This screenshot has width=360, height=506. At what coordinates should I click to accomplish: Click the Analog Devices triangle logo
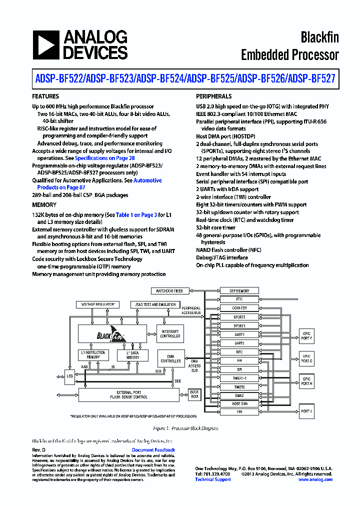coord(46,45)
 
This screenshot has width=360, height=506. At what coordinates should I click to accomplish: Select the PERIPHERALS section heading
coord(213,96)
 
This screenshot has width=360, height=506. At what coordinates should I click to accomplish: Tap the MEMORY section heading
coord(44,205)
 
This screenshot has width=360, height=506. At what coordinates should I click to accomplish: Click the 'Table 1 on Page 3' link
coord(136,214)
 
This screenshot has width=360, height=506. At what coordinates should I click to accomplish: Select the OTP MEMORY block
coord(239,291)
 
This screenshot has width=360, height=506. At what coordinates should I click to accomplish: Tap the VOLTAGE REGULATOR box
coord(98,304)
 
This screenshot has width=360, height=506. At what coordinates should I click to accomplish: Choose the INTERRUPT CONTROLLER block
coord(170,333)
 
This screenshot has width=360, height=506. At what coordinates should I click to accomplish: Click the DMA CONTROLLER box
coord(170,358)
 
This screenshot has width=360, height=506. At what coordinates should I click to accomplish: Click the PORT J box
coord(306,411)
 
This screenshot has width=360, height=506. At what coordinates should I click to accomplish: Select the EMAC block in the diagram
coord(239,395)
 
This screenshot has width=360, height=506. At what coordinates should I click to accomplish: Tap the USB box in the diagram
coord(69,375)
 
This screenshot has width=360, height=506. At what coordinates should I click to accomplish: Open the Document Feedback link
coord(153,450)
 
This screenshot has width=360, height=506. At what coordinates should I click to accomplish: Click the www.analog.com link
coord(315,479)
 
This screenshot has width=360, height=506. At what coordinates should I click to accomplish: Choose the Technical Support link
coord(213,479)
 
